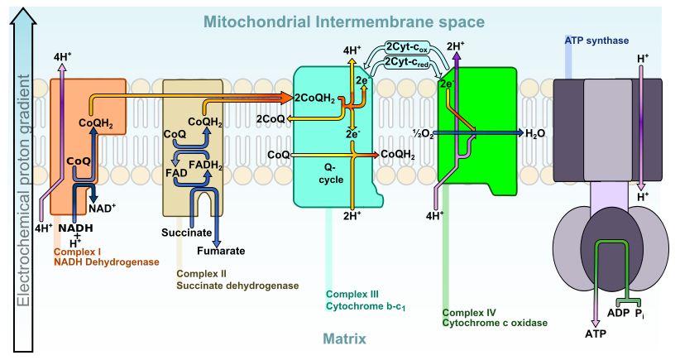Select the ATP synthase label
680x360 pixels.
(596, 40)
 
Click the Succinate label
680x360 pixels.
(186, 233)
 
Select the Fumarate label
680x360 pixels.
(220, 251)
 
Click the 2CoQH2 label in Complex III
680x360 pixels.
(314, 98)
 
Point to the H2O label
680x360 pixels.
(535, 132)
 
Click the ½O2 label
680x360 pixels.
(424, 133)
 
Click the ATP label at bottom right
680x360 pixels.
(595, 334)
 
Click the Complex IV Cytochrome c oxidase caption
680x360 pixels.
(495, 318)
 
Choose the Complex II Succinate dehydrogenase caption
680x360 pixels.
(236, 280)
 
